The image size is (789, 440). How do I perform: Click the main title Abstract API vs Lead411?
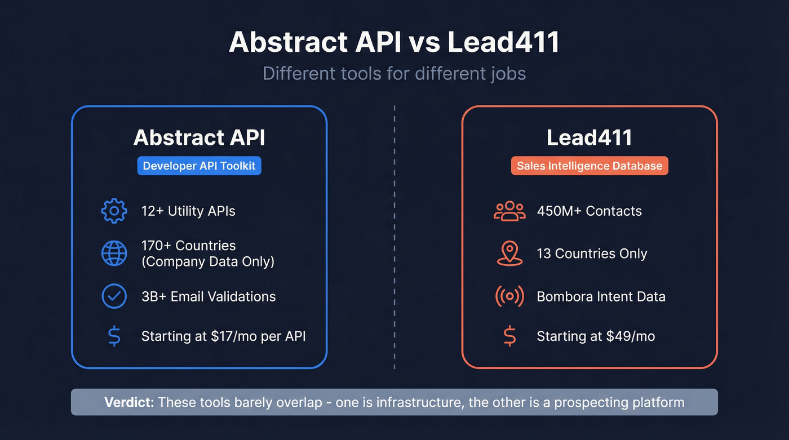394,43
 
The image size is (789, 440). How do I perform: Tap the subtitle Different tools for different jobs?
394,74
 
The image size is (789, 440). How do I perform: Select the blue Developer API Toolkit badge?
199,166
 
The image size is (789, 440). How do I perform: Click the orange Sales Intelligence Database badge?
589,166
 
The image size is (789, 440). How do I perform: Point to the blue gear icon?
114,211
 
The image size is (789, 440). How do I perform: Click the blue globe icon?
114,254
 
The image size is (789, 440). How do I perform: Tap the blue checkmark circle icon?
114,296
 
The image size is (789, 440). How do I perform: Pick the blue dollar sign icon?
114,336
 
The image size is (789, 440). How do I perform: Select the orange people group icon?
509,211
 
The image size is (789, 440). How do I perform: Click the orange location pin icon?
509,254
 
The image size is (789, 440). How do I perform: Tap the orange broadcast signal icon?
509,296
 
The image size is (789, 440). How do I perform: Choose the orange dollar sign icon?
509,336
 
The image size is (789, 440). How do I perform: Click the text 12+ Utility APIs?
188,211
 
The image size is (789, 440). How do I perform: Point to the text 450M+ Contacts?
589,211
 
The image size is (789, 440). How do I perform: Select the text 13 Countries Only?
592,254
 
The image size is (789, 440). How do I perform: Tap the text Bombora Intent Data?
601,296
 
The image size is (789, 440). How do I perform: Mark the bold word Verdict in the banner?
129,402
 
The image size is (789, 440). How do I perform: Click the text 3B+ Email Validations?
209,296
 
